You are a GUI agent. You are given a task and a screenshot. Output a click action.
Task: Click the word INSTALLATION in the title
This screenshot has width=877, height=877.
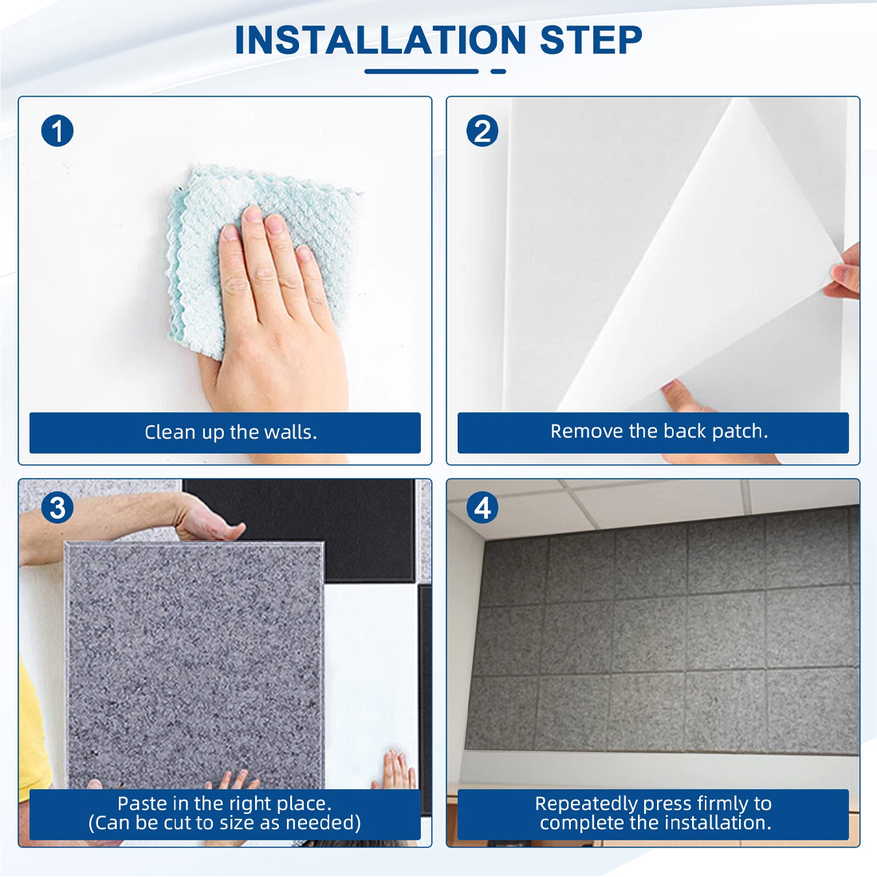click(380, 41)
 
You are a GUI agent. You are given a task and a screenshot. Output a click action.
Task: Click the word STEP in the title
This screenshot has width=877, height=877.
click(591, 41)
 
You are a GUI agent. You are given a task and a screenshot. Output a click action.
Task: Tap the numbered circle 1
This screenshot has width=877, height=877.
click(57, 131)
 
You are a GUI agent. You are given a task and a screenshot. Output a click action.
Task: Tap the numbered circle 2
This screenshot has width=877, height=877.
click(482, 131)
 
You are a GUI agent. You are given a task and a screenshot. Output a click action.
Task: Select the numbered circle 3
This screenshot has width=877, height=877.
click(57, 508)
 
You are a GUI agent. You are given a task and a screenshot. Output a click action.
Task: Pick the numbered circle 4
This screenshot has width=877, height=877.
click(482, 508)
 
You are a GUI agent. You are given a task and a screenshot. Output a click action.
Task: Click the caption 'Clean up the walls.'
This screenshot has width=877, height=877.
click(230, 432)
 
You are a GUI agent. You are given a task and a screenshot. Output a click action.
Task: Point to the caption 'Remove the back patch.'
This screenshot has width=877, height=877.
click(659, 431)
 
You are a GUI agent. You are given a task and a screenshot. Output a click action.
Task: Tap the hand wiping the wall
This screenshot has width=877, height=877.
click(274, 313)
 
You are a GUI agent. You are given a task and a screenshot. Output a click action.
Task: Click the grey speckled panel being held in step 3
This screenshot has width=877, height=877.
click(195, 666)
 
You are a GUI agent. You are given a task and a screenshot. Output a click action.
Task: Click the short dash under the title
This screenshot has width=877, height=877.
click(498, 72)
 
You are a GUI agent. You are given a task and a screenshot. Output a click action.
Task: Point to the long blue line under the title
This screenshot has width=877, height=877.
click(422, 72)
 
